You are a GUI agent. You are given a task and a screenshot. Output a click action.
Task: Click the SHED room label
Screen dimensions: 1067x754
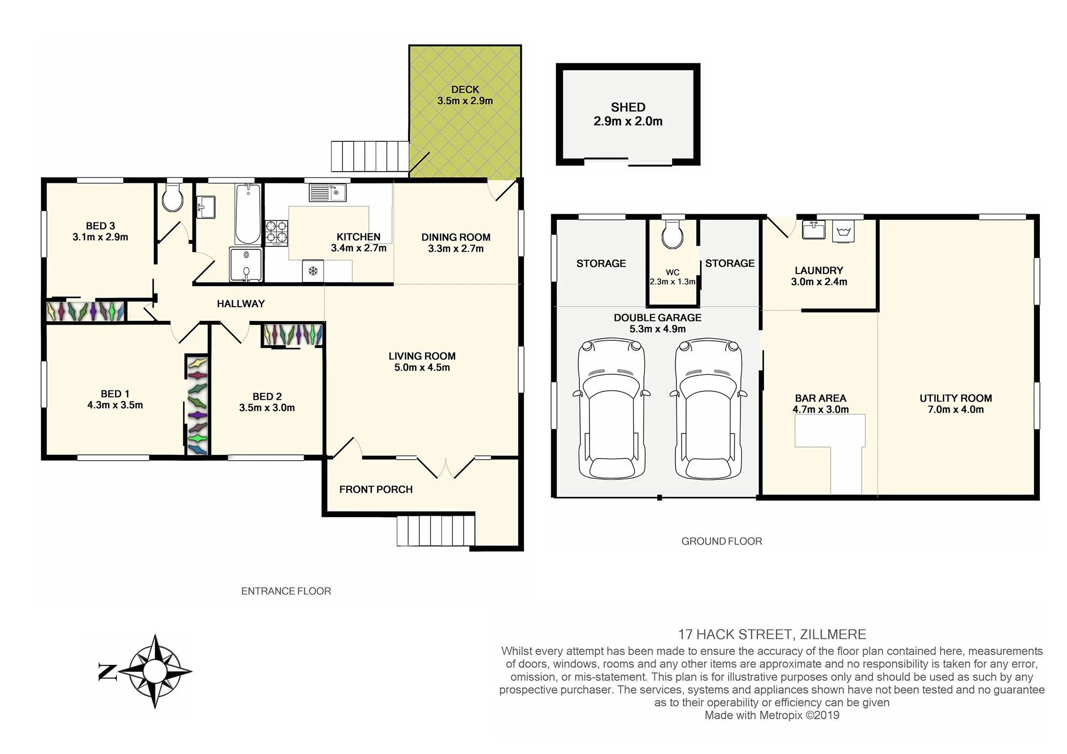pos(628,107)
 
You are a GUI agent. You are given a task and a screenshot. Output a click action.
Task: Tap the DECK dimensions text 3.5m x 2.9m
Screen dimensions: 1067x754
pos(465,101)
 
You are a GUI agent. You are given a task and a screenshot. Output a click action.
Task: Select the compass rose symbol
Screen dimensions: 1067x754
pos(154,671)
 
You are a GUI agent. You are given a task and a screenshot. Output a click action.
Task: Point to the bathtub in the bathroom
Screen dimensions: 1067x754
pos(248,213)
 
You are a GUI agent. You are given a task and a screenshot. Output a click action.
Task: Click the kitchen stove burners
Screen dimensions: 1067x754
pos(276,233)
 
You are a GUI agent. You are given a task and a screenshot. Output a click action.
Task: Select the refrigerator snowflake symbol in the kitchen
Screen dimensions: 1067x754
pos(313,271)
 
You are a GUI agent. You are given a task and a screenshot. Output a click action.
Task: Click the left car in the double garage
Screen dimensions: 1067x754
pos(611,408)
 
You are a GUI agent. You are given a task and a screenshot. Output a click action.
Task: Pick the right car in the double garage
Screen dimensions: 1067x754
pos(708,408)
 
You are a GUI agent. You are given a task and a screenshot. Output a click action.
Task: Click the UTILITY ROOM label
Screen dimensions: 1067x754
pos(955,398)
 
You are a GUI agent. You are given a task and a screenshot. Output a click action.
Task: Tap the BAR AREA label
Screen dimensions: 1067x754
pos(821,398)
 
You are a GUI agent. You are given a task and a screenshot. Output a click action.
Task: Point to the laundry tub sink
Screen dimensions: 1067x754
pos(843,231)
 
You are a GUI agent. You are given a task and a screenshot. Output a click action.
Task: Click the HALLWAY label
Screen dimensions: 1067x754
pos(241,304)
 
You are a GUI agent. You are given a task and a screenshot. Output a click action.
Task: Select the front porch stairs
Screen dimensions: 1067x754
pos(435,531)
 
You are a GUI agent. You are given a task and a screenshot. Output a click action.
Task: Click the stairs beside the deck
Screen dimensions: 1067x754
pos(370,156)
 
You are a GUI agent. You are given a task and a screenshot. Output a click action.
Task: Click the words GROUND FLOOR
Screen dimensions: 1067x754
pos(721,541)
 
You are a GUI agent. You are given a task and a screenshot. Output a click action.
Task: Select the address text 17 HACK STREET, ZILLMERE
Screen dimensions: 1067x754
pos(771,635)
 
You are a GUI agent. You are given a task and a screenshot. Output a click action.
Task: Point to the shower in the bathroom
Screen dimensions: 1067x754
pos(246,264)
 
